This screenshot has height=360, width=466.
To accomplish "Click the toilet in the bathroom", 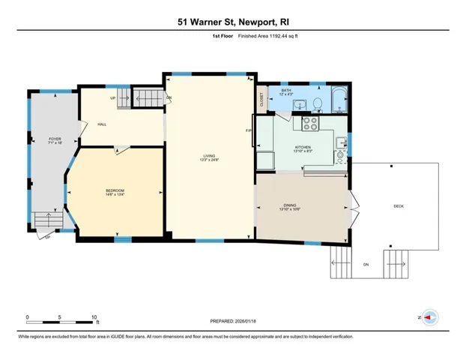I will (318, 104).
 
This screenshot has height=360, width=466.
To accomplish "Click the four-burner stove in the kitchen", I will (311, 122).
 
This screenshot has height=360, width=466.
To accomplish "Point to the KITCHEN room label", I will (303, 147).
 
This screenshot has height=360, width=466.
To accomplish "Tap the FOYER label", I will (55, 139).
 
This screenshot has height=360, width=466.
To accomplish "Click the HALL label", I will (100, 124).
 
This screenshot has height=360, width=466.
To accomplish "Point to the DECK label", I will (399, 206).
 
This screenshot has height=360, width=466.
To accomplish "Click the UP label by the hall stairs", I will (113, 97).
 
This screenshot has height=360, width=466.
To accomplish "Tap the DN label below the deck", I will (366, 265).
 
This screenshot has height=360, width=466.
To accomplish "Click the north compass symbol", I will (430, 317).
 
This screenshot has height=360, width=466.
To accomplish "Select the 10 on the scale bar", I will (95, 316).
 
